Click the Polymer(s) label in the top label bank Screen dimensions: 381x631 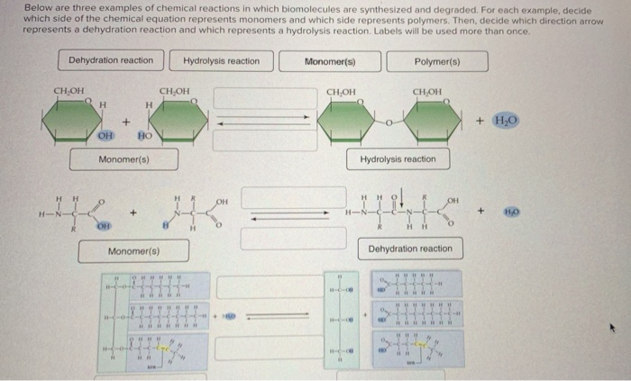pos(437,61)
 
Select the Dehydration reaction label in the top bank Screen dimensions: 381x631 pos(111,61)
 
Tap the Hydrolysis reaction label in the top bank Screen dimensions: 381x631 pos(221,61)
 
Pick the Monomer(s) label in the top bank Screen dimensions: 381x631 pos(330,61)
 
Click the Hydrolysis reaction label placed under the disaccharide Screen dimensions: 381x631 pos(398,159)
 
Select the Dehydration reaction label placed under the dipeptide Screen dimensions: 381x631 pos(410,249)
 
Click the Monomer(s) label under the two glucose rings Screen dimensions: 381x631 pos(123,159)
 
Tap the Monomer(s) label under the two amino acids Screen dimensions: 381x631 pos(133,250)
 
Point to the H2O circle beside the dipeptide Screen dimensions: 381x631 pos(511,213)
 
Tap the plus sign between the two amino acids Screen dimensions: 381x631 pos(133,213)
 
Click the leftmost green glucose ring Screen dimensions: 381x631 pos(78,118)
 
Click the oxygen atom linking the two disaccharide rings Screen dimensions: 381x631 pos(389,122)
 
